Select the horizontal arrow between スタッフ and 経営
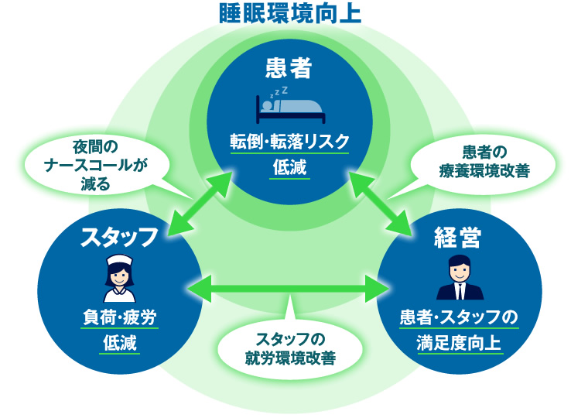289,289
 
